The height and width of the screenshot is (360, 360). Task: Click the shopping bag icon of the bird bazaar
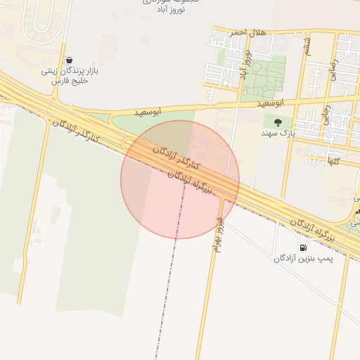point(69,60)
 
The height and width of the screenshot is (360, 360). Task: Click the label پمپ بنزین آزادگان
point(302,259)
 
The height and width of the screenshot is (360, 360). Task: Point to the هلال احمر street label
point(230,32)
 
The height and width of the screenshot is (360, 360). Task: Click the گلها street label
point(333,161)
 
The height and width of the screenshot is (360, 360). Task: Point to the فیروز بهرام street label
point(219,233)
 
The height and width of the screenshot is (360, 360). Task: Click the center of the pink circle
point(180,180)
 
